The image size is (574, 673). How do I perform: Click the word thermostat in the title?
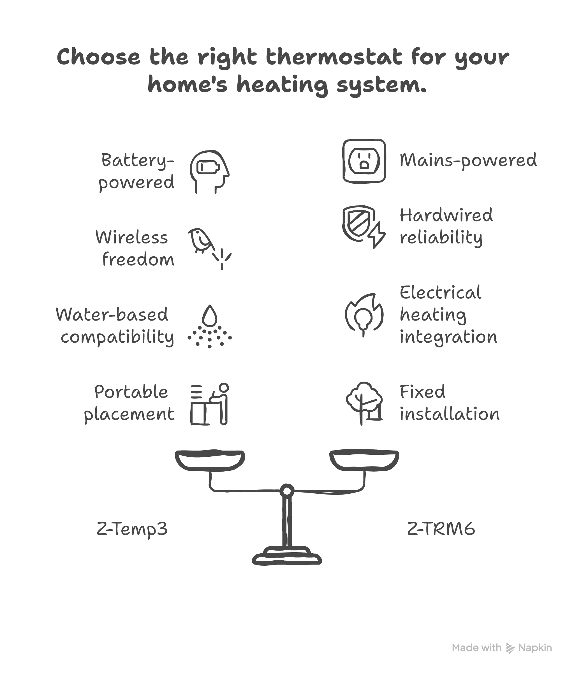point(334,57)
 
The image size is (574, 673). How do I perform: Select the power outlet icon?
point(364,161)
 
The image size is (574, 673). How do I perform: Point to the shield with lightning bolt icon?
point(363,226)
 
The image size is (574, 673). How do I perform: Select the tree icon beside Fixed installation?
point(364,403)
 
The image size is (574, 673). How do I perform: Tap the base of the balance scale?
point(287,557)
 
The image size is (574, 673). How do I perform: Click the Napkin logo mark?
point(510,648)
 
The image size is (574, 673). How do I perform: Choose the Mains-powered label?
point(468,160)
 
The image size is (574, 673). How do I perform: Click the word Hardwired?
point(446,215)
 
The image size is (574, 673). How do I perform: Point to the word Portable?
point(131,392)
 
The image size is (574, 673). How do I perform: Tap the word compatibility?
point(117,337)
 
